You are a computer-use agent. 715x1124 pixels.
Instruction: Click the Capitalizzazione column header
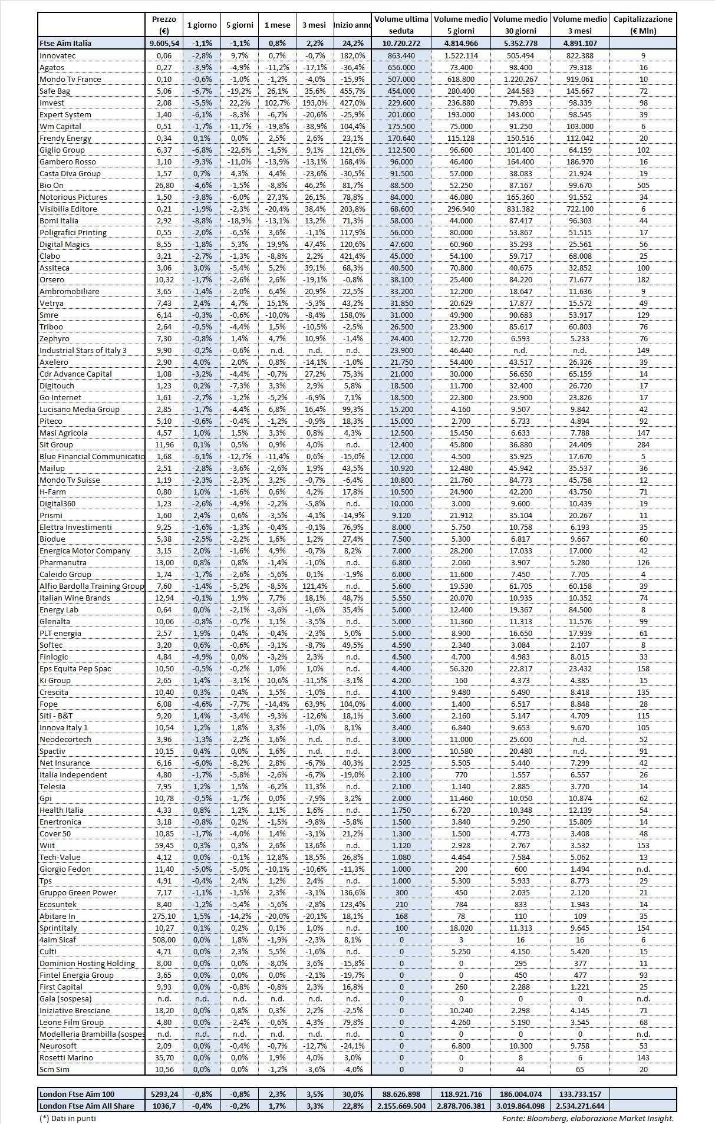[x=642, y=25]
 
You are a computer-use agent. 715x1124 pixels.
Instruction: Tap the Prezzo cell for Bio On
[x=163, y=185]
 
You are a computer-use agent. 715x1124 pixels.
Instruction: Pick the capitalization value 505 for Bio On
[x=642, y=185]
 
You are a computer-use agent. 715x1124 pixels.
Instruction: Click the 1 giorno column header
[x=202, y=25]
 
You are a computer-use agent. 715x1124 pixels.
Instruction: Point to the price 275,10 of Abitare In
[x=163, y=916]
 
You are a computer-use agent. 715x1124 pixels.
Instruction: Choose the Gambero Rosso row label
[x=67, y=161]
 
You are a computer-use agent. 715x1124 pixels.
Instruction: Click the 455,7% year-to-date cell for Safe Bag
[x=352, y=91]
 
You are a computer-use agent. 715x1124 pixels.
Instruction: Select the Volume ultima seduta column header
[x=401, y=25]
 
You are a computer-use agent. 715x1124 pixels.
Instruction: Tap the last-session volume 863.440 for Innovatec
[x=401, y=55]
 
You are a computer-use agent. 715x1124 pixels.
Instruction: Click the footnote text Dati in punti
[x=67, y=1118]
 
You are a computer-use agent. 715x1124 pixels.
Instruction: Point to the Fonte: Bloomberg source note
[x=588, y=1118]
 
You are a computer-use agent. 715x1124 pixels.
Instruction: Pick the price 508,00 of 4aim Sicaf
[x=163, y=940]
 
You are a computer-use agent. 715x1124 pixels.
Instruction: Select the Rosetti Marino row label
[x=67, y=1057]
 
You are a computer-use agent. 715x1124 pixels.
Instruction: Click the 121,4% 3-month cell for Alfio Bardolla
[x=315, y=586]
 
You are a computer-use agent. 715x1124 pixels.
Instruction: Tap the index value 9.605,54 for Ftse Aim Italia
[x=163, y=43]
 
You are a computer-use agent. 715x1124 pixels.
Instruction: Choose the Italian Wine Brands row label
[x=74, y=598]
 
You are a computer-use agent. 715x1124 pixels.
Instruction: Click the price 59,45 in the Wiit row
[x=163, y=845]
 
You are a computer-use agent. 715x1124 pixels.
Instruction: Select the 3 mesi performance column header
[x=315, y=25]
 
